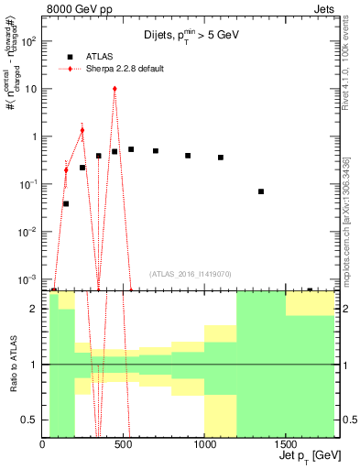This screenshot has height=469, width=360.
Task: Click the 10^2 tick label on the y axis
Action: click(x=27, y=42)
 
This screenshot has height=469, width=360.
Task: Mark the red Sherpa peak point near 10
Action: click(x=115, y=89)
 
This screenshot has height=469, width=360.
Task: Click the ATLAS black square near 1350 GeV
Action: click(x=261, y=191)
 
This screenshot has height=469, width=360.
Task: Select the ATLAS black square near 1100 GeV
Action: click(x=221, y=158)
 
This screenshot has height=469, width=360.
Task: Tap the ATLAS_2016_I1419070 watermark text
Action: click(x=189, y=273)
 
